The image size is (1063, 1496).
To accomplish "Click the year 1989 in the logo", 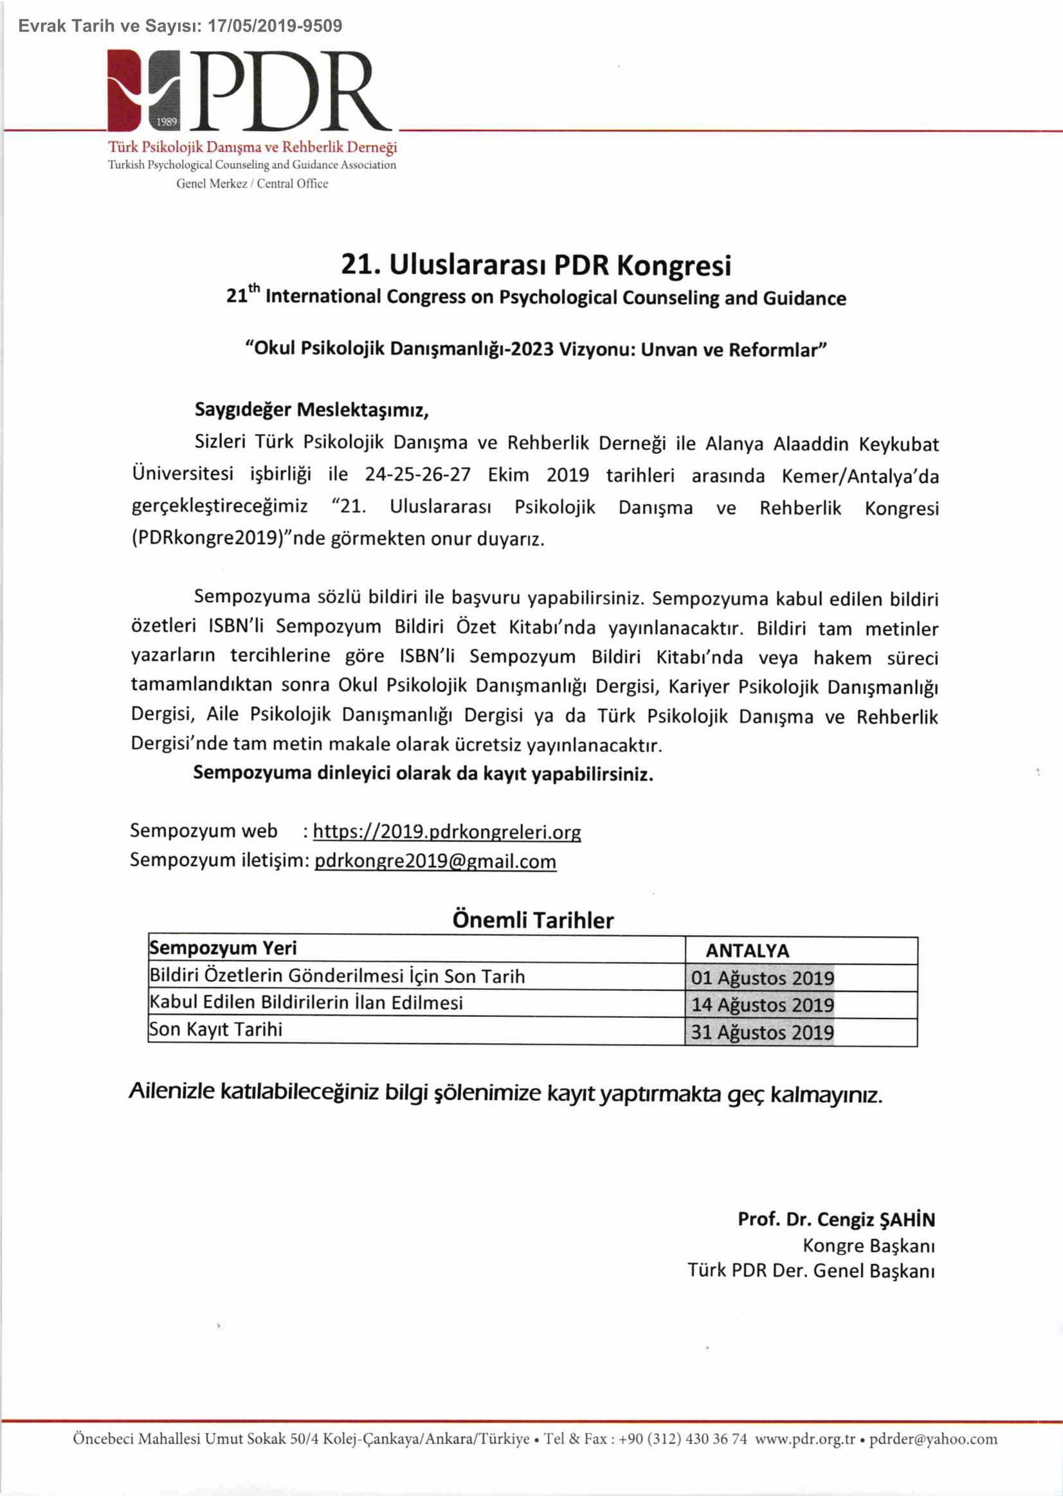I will point(167,121).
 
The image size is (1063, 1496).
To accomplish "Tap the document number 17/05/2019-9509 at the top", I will point(275,26).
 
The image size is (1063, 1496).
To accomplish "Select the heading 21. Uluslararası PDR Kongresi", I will point(536,265).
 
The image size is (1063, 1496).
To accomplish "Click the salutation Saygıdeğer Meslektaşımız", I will point(311,410).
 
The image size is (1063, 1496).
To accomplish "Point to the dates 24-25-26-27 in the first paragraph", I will point(417,474).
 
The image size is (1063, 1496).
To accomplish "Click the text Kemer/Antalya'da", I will point(859,476).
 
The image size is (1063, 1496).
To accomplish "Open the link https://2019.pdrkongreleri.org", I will point(446,832).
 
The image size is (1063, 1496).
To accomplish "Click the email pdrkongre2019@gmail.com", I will point(435,861).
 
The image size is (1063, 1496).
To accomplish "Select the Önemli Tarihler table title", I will point(533,920).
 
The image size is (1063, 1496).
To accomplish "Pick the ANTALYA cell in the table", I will point(747,950).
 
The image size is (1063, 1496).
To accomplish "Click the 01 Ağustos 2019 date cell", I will point(763,978).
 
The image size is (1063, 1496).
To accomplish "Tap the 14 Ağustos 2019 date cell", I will point(763,1005).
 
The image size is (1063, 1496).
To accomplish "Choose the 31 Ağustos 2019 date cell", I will point(763,1032).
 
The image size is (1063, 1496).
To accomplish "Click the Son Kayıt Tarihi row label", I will point(216,1029).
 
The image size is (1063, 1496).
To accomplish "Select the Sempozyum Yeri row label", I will point(223,948).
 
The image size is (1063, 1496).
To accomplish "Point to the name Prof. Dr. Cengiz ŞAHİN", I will point(836,1219).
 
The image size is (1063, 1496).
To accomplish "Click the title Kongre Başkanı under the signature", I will point(869,1245).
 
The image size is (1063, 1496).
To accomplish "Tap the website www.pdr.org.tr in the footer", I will point(805,1439).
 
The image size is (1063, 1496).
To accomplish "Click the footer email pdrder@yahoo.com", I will point(932,1439).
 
